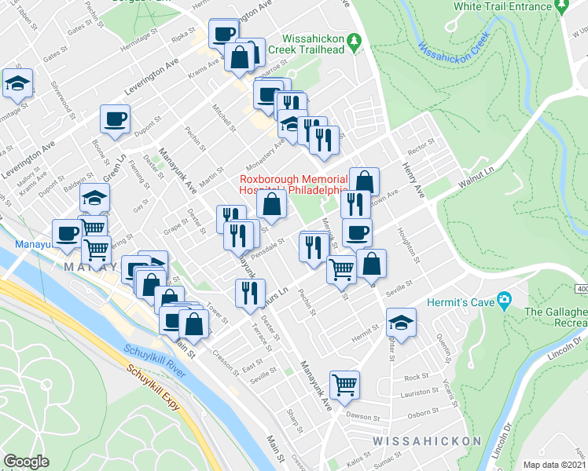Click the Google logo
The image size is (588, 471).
tap(26, 462)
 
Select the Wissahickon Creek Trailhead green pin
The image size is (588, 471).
tap(355, 38)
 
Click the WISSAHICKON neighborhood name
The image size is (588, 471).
tap(426, 441)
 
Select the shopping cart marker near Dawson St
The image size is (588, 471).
tap(344, 385)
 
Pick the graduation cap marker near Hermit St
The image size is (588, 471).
tap(401, 323)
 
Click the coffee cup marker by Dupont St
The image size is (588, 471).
tap(115, 119)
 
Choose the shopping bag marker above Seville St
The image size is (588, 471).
tap(371, 265)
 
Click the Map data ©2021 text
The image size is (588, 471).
tap(554, 464)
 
